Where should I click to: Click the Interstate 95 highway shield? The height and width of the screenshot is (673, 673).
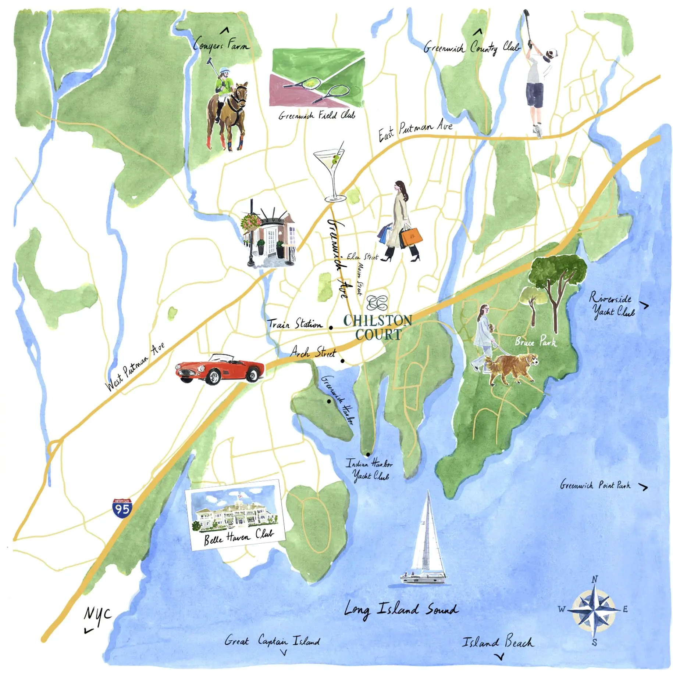122,508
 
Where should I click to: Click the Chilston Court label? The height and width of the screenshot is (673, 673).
378,327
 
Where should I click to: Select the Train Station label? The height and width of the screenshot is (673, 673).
295,324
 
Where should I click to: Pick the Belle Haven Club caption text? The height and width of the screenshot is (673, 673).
239,537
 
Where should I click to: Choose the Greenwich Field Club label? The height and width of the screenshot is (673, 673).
317,115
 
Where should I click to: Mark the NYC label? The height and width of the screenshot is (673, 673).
97,614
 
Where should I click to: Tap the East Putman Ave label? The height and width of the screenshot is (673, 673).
416,130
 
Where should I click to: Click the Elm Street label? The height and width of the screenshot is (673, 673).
363,257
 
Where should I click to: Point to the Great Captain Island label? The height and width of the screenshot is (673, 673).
272,641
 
